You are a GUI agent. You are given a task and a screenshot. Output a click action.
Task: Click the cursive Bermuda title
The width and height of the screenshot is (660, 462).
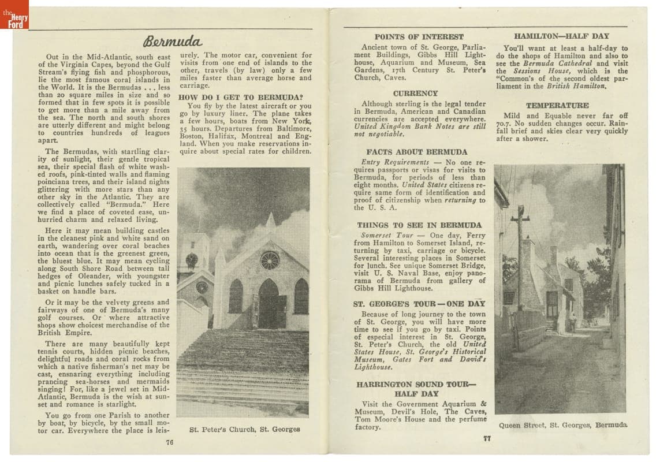coord(173,42)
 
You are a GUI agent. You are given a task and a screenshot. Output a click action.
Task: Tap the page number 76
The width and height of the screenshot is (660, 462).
coord(169,442)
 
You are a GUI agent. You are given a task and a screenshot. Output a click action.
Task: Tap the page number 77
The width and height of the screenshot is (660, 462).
coord(487,438)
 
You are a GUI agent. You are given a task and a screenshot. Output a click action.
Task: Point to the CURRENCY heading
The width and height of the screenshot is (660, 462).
coord(416,93)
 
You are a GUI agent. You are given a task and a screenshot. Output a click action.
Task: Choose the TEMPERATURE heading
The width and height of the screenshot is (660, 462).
coord(557,105)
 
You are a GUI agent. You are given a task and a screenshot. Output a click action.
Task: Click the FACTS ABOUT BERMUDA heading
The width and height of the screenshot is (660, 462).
coord(417,152)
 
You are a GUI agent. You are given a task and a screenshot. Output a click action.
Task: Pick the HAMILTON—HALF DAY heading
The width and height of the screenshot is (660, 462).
coord(561,36)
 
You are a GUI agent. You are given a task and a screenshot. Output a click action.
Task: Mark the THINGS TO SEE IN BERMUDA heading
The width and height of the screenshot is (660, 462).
coord(419,225)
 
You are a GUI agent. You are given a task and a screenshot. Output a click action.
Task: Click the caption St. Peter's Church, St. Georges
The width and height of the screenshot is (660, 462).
coord(245,429)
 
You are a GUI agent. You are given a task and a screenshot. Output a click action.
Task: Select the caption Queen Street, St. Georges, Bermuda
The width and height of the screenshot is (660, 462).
coord(563,425)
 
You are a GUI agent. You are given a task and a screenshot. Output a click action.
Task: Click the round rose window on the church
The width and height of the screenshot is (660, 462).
coord(269,260)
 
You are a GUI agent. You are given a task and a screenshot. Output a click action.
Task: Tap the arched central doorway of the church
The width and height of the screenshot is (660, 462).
coord(269,304)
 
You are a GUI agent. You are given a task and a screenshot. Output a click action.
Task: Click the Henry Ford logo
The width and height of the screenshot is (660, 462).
coord(14,15)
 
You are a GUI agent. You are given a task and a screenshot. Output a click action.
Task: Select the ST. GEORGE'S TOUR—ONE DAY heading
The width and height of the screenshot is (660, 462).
coord(419,303)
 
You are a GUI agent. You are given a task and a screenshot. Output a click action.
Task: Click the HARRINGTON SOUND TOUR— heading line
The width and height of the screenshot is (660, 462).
coord(416,384)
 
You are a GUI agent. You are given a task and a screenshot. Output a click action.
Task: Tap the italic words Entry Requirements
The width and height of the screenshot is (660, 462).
coord(395,162)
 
